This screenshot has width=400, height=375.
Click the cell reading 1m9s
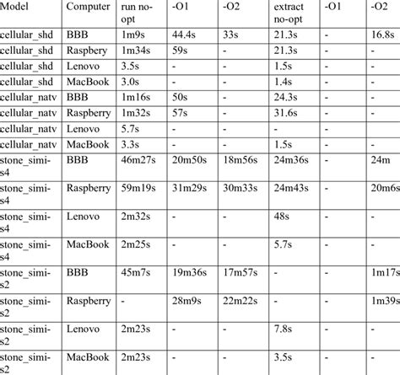tap(136, 35)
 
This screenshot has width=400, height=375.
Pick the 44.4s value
tap(186, 35)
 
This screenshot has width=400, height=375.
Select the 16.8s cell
tap(384, 35)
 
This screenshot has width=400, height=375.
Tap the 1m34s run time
tap(139, 51)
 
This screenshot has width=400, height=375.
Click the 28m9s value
tap(187, 300)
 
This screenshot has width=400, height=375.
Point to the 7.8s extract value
tap(285, 328)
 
